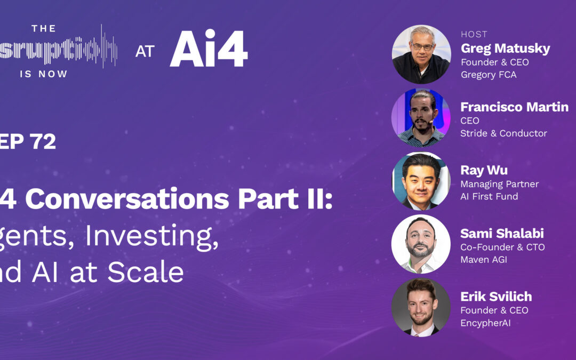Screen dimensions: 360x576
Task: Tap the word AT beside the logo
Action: tap(145, 51)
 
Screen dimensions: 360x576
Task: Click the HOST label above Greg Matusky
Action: tap(474, 34)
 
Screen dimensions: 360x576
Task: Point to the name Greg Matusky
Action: tap(505, 49)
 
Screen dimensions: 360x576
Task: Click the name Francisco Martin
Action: tap(514, 107)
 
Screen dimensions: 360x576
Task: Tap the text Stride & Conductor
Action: tap(503, 133)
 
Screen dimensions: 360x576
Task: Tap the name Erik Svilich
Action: tap(496, 297)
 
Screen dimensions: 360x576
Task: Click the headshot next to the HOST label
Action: tap(421, 54)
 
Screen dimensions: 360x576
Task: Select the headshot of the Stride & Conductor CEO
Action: tap(421, 117)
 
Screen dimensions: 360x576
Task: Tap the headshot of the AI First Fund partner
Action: tap(421, 181)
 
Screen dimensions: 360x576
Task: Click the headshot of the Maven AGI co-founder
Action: tap(421, 244)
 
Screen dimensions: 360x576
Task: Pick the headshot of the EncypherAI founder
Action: tap(421, 307)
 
